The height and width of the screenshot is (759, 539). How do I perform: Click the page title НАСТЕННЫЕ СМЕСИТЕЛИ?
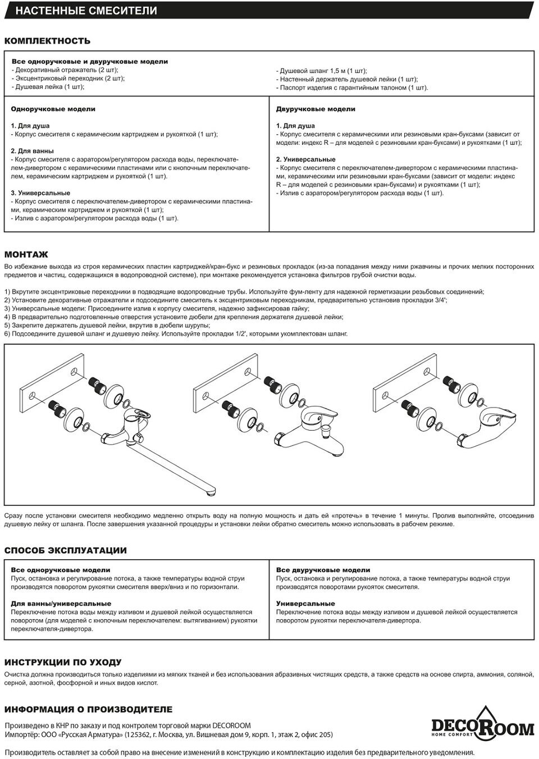[86, 11]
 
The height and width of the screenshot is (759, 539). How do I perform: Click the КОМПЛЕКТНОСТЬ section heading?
[48, 41]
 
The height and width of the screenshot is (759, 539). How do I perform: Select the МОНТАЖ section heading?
[26, 254]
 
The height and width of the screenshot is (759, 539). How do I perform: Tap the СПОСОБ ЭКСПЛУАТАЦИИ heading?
[66, 550]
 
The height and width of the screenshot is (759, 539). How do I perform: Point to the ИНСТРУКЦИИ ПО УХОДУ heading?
[63, 662]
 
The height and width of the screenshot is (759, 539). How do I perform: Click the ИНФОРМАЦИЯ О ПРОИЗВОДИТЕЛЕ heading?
[88, 709]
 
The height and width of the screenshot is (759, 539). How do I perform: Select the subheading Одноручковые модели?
[53, 109]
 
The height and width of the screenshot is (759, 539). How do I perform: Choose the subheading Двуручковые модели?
[316, 109]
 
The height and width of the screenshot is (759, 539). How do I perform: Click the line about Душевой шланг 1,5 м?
[321, 71]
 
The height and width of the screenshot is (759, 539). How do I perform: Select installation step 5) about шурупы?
[107, 326]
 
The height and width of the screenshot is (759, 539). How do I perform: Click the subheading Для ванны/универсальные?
[61, 603]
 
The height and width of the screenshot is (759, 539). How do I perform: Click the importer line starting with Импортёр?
[168, 734]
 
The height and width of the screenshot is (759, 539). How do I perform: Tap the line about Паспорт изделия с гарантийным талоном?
[352, 88]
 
